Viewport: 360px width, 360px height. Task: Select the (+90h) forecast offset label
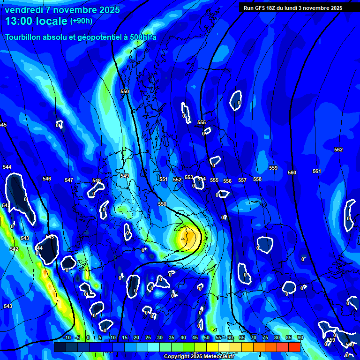[x=81, y=21]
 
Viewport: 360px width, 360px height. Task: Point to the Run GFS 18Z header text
[x=267, y=8]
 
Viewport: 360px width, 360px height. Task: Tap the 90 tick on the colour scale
[x=300, y=337]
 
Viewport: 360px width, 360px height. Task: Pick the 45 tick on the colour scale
[x=195, y=337]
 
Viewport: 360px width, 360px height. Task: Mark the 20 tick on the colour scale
[x=136, y=337]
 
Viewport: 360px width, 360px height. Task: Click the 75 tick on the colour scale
[x=265, y=337]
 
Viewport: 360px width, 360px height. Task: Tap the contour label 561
[x=317, y=171]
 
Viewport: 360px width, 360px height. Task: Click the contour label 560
[x=292, y=172]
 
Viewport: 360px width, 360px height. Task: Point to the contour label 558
[x=257, y=179]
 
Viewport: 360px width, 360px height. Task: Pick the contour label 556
[x=227, y=181]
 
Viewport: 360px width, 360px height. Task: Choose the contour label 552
[x=177, y=180]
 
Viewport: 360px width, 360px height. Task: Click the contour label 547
[x=69, y=180]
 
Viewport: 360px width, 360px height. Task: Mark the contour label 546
[x=47, y=179]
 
